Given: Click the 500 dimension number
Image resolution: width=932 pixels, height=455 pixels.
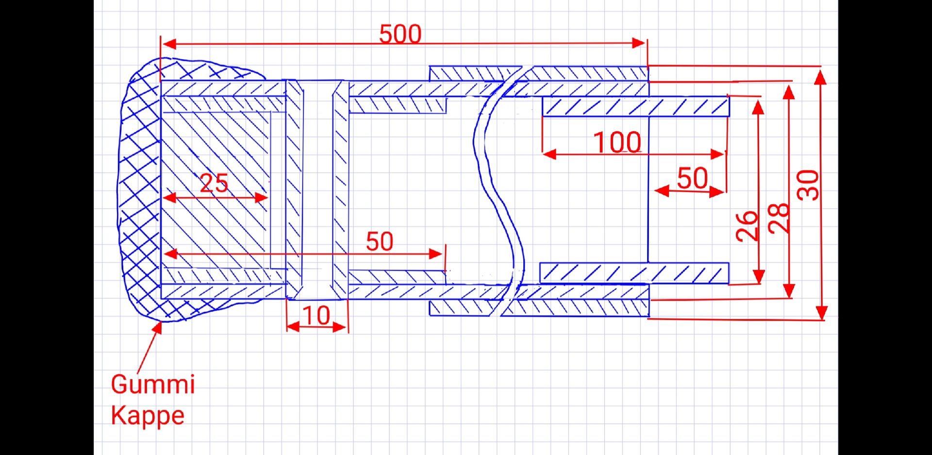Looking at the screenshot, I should (400, 34).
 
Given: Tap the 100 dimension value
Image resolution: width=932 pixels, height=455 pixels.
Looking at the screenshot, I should (617, 142).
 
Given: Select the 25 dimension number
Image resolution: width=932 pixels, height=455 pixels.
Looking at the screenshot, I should (214, 183).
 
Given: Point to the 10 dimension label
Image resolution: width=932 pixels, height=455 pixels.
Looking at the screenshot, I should (316, 316).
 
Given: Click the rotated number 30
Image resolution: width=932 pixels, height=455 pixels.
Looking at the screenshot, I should (808, 185).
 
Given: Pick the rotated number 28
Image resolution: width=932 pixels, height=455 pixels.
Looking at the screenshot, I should (779, 218).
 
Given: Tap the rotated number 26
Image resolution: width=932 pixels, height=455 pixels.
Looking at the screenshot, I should (747, 226).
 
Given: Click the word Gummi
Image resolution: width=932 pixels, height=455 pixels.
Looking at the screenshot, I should (153, 384).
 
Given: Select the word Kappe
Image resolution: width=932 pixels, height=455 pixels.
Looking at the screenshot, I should (148, 415).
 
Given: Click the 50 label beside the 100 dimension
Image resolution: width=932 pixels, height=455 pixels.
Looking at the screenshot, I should (692, 178).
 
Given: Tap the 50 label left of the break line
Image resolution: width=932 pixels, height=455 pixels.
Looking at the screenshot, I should (380, 241).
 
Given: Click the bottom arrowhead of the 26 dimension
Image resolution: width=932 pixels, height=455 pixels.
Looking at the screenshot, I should (758, 277).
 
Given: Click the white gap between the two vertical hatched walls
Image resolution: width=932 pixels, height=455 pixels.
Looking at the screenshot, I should (317, 189).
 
